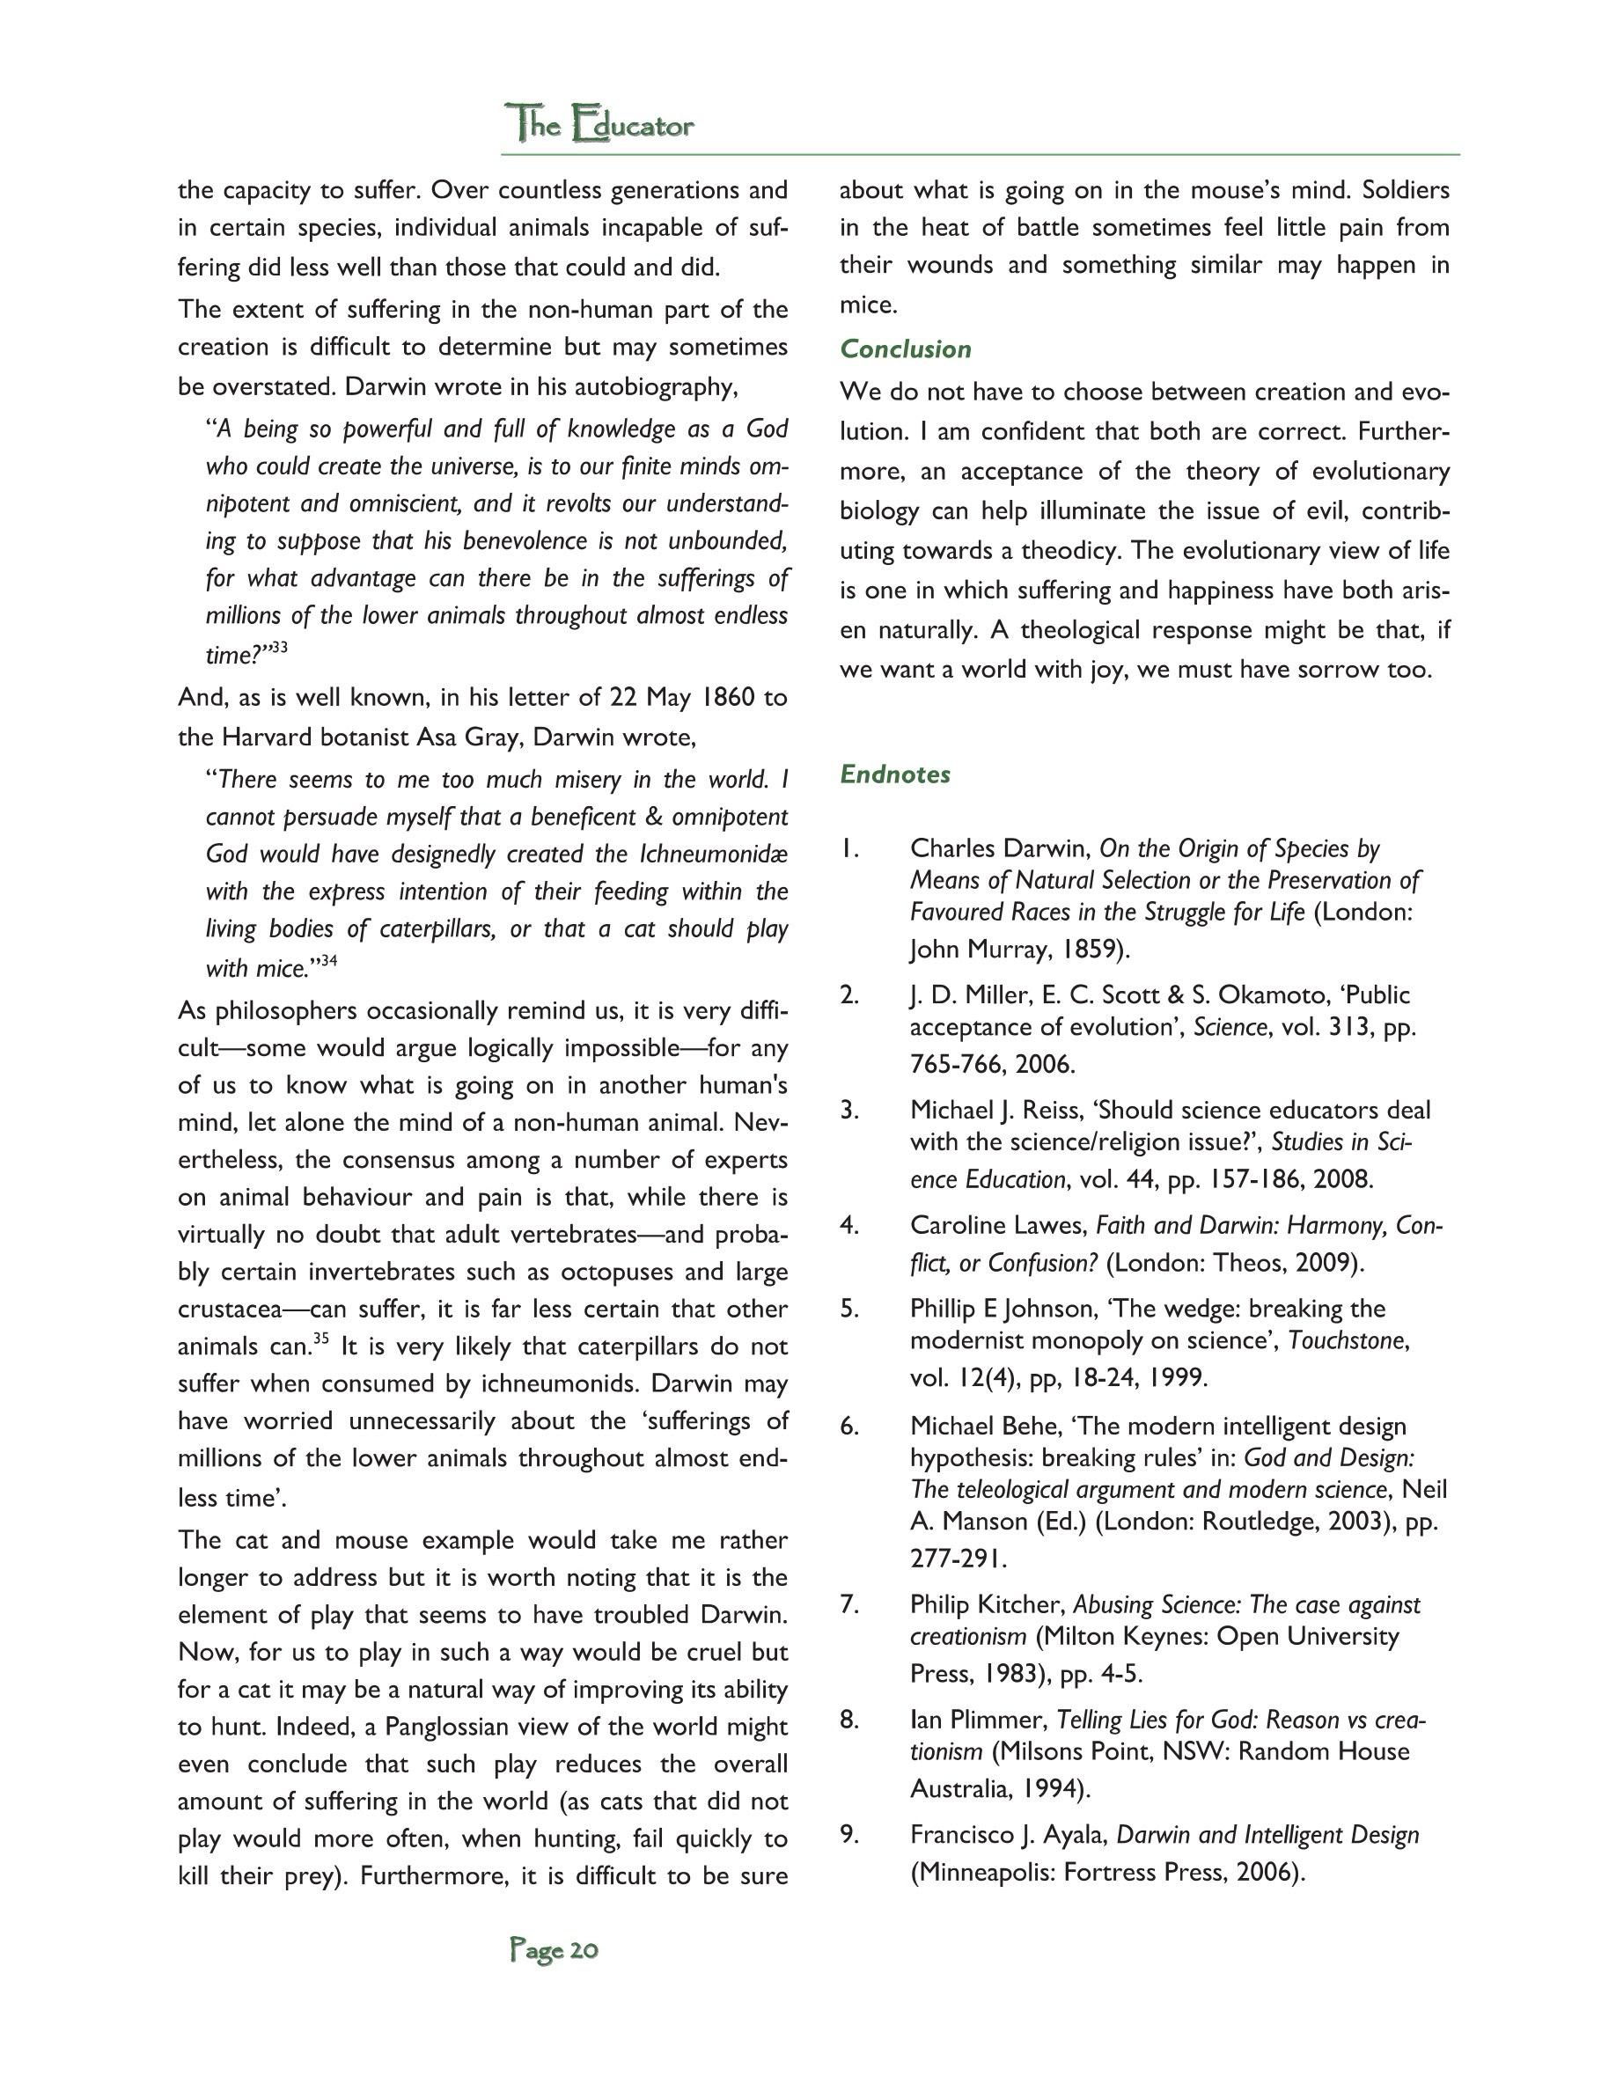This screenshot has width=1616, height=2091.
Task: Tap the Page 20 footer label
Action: coord(555,1950)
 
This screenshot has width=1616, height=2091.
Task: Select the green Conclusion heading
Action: coord(905,349)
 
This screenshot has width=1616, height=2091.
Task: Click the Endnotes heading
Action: coord(894,774)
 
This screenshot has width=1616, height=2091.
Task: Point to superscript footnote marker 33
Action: coord(279,649)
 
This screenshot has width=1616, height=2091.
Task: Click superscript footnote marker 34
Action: coord(328,960)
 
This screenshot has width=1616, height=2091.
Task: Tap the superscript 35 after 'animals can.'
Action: coord(320,1339)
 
